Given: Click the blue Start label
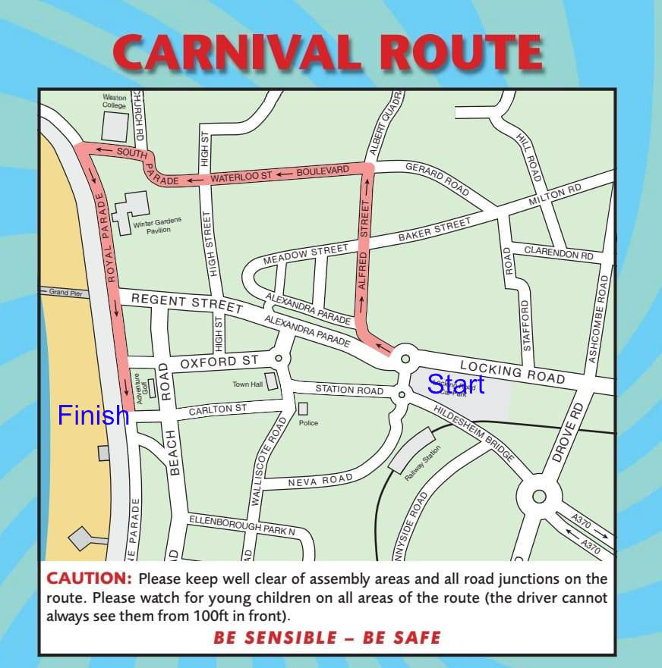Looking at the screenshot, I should [x=456, y=384].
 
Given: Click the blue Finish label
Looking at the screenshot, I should [x=93, y=416].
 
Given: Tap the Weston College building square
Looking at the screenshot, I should [x=115, y=126].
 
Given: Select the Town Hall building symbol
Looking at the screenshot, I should [x=272, y=381].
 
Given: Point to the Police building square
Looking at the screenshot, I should [x=303, y=409].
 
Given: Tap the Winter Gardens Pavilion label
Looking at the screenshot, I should [x=152, y=226].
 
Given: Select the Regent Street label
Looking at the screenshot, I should [x=187, y=303].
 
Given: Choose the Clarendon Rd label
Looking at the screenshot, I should [x=559, y=255].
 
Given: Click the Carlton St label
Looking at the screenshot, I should [x=218, y=409].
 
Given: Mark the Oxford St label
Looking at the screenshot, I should [x=219, y=362].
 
